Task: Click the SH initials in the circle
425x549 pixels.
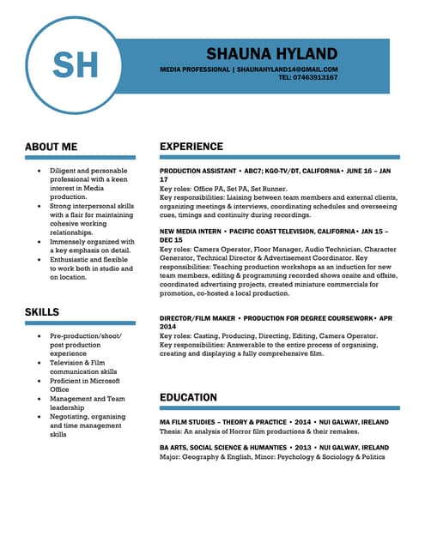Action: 76,65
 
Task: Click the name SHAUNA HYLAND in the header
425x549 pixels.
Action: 272,54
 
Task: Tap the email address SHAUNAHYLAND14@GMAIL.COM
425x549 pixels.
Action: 287,69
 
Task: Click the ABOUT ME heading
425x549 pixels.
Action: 51,147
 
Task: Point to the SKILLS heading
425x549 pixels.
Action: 42,311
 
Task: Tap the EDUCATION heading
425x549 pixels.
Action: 188,397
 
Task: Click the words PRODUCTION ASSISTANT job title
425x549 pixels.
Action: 197,172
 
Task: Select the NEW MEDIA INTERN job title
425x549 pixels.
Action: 191,232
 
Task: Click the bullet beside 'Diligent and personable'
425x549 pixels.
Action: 38,171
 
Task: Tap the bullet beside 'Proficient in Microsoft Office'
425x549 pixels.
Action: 38,381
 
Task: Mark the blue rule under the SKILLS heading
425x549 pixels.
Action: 80,324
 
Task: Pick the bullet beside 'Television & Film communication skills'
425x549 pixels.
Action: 38,363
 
